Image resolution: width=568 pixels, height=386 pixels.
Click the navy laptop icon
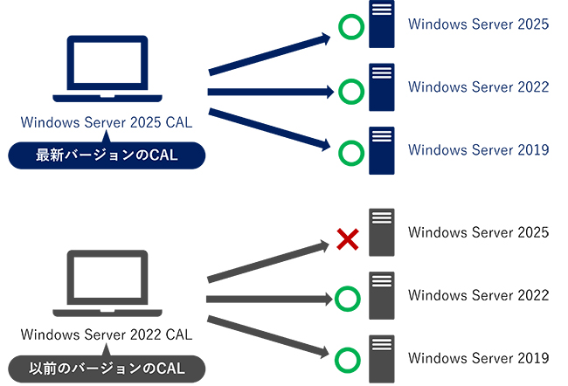pos(106,71)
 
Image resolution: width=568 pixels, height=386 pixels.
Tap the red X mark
pos(348,238)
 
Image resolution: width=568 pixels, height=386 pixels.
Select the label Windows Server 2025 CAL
pos(106,122)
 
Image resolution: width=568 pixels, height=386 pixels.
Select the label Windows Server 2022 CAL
pos(106,334)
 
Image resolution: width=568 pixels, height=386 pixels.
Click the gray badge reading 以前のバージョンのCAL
pos(106,368)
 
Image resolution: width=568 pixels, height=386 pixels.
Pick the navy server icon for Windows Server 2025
pos(382,24)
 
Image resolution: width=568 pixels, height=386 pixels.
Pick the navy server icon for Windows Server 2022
pos(382,87)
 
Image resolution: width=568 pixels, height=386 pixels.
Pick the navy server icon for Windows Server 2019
pos(382,150)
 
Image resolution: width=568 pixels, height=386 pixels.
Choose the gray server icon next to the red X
pos(382,232)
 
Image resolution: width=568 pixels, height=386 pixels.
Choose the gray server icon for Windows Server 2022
pos(382,295)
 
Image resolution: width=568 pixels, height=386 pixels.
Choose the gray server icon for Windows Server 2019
pos(382,358)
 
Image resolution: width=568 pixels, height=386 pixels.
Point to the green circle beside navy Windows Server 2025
pos(350,29)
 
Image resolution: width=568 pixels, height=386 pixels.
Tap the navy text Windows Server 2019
pos(478,149)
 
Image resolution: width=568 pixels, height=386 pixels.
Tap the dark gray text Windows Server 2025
pos(478,232)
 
